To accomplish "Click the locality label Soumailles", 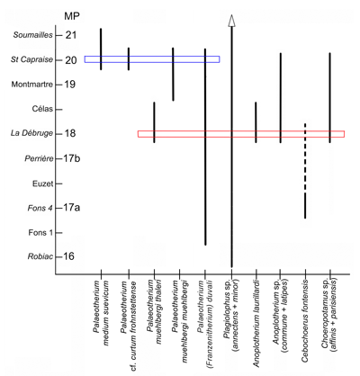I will click(31, 35).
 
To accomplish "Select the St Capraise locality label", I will click(31, 60).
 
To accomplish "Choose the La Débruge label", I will click(31, 134).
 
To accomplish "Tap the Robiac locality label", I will click(37, 257).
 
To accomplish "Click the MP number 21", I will click(70, 35).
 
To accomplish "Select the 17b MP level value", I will click(74, 158).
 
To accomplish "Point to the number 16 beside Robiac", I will click(69, 257).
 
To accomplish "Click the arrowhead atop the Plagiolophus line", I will click(231, 21).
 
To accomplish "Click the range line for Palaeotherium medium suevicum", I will click(101, 49).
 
